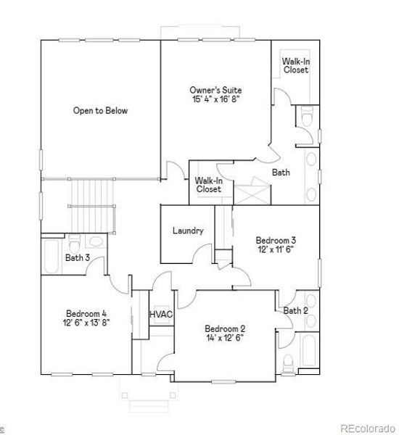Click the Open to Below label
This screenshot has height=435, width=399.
100,111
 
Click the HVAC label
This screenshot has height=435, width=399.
161,314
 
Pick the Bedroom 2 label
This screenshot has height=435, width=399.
225,327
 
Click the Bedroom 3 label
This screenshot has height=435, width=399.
276,239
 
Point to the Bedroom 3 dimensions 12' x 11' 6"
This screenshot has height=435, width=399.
276,249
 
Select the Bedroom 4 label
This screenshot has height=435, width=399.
86,313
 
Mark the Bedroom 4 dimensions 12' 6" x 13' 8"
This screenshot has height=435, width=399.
86,323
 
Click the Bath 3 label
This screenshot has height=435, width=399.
78,257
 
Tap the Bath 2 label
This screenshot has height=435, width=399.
295,310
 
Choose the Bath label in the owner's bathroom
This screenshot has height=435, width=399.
281,173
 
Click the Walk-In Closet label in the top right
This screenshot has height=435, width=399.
296,65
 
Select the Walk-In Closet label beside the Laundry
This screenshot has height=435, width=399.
208,184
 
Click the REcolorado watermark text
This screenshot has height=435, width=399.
369,428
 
